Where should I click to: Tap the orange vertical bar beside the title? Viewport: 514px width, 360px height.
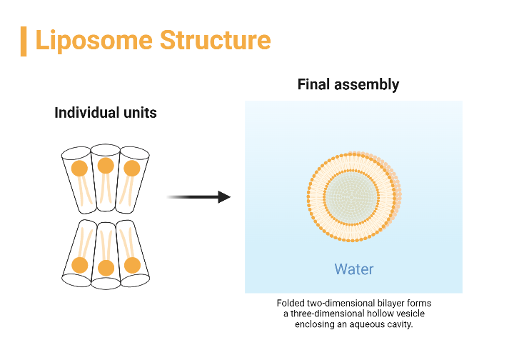click(24, 41)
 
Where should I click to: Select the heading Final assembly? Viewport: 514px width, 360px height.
click(348, 85)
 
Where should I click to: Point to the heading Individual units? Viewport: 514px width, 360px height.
click(105, 113)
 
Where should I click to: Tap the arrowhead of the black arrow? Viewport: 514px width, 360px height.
click(224, 196)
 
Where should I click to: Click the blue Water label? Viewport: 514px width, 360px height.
click(353, 269)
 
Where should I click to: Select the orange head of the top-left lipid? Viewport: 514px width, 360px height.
click(79, 169)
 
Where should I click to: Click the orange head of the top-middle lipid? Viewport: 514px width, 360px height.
click(106, 166)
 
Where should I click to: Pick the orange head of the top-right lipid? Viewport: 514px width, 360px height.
click(131, 169)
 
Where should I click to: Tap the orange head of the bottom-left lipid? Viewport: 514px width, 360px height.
click(79, 265)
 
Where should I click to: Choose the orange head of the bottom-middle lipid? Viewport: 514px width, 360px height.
click(106, 269)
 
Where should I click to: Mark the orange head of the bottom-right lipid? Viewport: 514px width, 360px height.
click(132, 265)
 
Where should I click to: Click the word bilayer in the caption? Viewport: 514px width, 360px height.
click(391, 304)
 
